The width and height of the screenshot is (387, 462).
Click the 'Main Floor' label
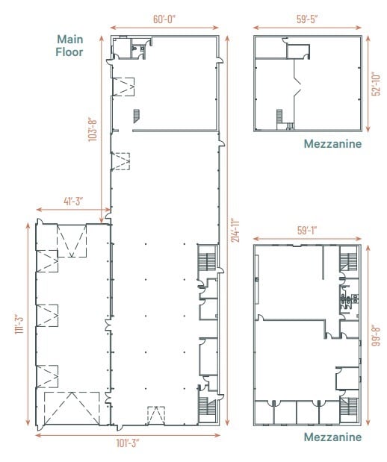coord(69,46)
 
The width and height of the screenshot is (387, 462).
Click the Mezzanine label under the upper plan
coord(332,145)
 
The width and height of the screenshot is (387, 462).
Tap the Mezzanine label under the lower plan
coord(332,437)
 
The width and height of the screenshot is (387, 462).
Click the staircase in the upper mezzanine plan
coord(280,117)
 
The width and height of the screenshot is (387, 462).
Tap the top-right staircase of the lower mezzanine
coord(349,262)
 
